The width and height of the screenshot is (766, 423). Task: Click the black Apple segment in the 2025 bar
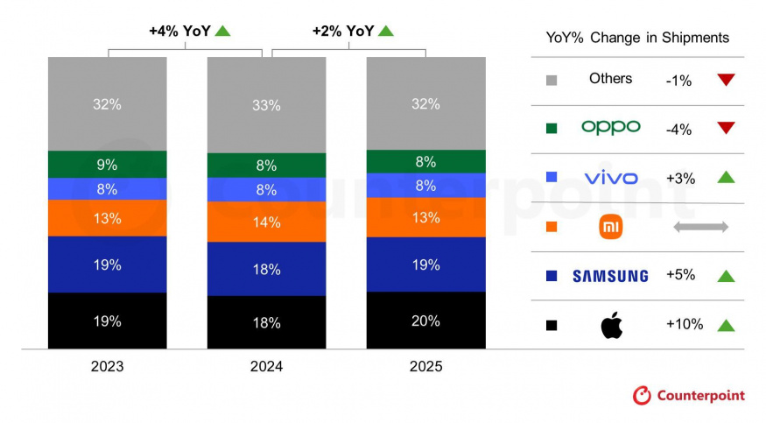click(x=425, y=320)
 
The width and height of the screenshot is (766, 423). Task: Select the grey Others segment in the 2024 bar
click(x=266, y=105)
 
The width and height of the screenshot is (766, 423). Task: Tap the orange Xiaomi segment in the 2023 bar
click(x=107, y=218)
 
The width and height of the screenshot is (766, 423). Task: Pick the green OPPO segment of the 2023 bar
click(x=107, y=164)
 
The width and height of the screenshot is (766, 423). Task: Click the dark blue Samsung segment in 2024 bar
click(x=266, y=269)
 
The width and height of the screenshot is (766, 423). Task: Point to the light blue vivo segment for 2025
click(x=425, y=185)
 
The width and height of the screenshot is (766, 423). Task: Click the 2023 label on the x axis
click(x=107, y=366)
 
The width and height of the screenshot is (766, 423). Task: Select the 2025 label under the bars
click(x=425, y=366)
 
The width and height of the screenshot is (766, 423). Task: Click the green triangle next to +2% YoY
click(x=386, y=31)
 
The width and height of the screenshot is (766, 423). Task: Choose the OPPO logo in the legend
click(x=610, y=128)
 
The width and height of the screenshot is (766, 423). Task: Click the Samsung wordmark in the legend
click(x=610, y=276)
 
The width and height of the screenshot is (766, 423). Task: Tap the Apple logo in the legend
click(x=610, y=325)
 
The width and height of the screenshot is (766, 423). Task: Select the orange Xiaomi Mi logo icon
click(x=610, y=228)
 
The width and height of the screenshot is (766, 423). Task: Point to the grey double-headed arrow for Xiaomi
click(x=699, y=228)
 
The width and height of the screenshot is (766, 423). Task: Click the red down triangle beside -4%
click(x=724, y=129)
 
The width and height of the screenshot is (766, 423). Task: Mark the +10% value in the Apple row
click(x=684, y=325)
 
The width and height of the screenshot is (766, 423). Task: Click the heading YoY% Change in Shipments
click(x=637, y=38)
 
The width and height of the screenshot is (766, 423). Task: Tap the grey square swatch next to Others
click(x=552, y=81)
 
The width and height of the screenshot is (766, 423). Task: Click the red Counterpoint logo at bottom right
click(x=688, y=396)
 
